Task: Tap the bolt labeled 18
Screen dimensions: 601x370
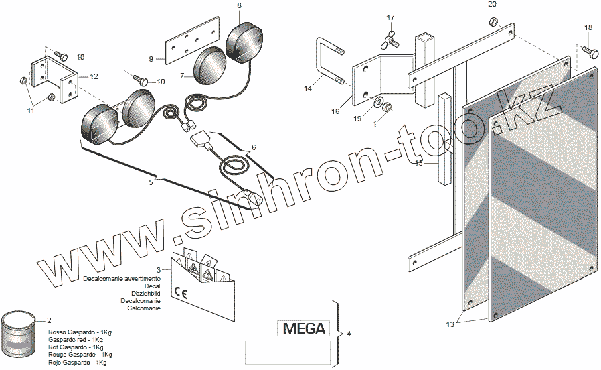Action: [x=590, y=50]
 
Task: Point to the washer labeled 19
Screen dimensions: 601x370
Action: [x=379, y=103]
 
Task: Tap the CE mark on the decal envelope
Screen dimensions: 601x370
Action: [x=180, y=292]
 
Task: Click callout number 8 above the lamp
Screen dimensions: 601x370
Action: [x=240, y=5]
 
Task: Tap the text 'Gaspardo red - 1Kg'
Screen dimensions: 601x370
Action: [x=74, y=340]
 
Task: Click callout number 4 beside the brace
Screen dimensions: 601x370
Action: [x=349, y=333]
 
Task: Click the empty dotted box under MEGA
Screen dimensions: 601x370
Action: [x=288, y=351]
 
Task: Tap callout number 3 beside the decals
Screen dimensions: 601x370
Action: [x=158, y=269]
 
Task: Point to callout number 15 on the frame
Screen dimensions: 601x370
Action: [x=419, y=163]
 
